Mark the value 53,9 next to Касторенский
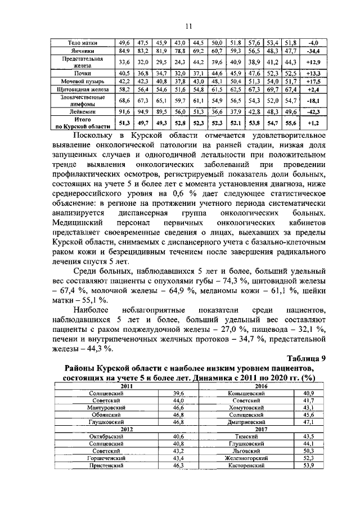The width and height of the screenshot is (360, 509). click(x=308, y=466)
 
